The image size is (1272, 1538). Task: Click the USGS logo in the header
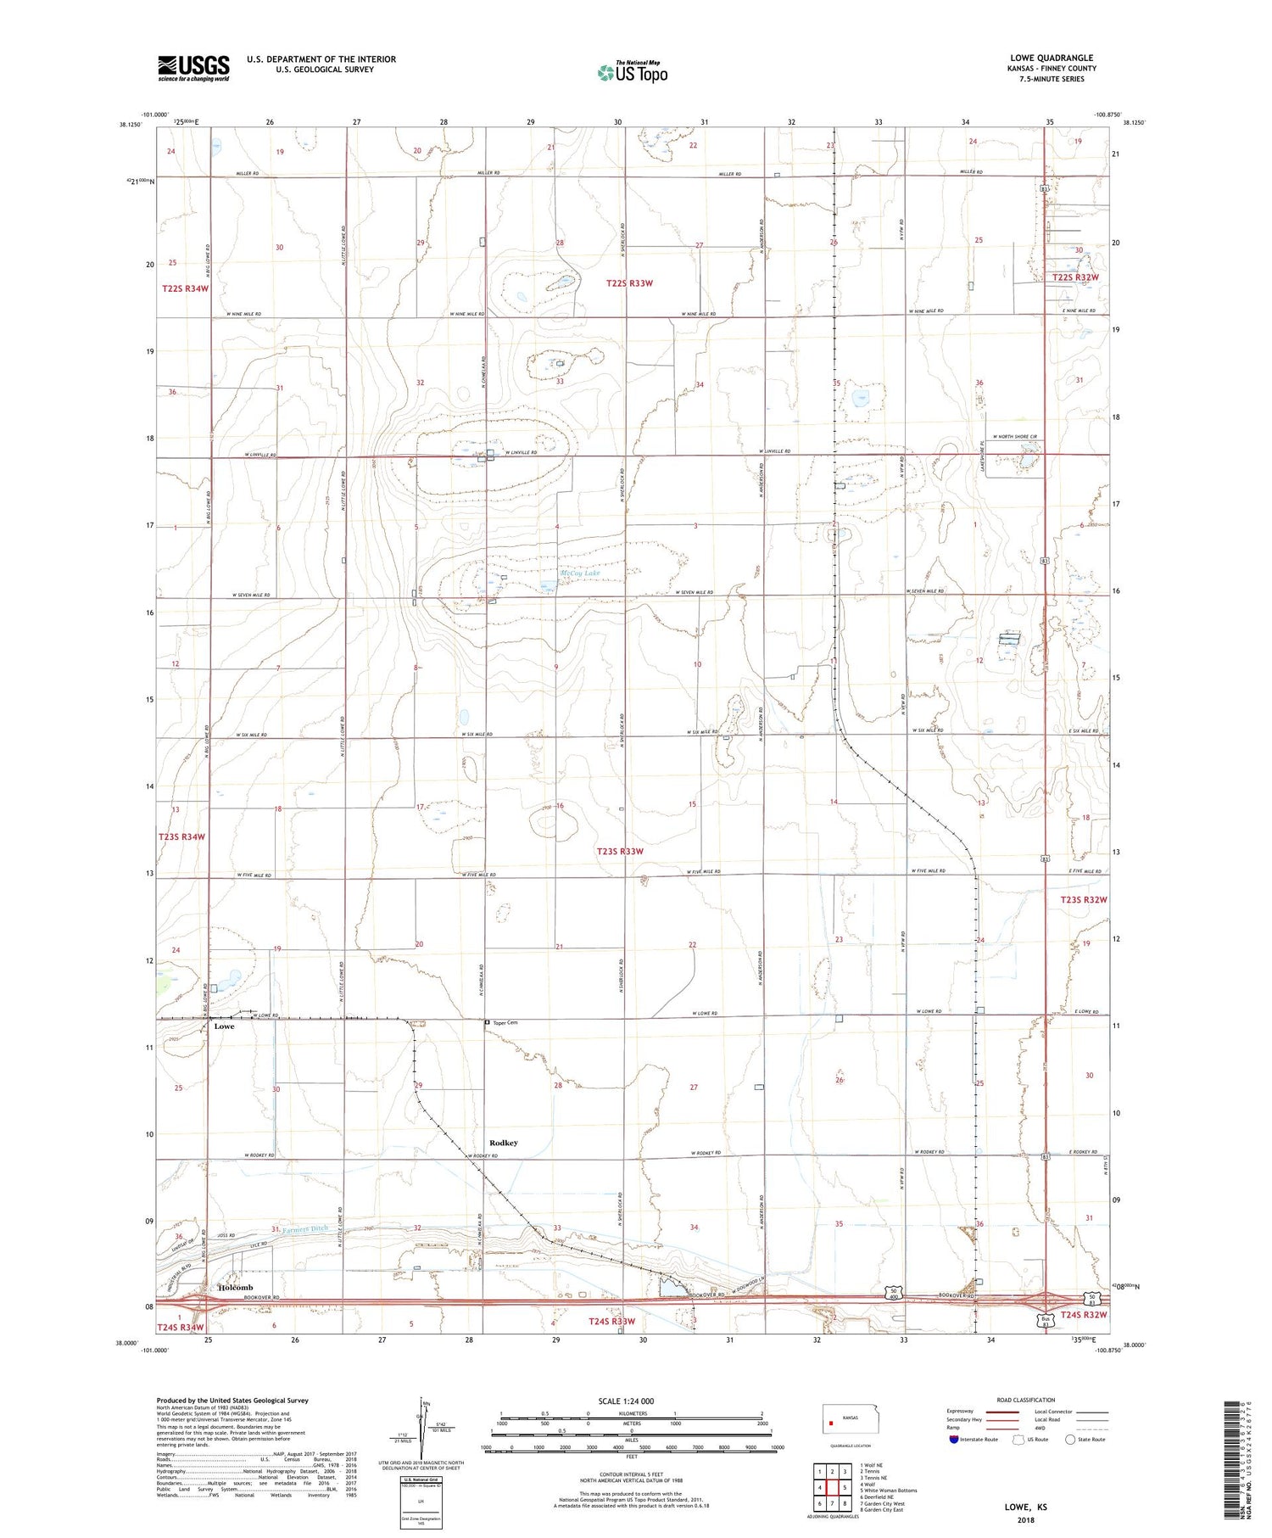pos(193,68)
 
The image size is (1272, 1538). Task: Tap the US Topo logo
pos(633,73)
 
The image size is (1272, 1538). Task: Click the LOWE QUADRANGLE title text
pos(1052,58)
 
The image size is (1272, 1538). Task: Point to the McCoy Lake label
pos(580,573)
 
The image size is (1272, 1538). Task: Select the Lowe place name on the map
pos(224,1026)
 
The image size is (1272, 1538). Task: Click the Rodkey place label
pos(503,1143)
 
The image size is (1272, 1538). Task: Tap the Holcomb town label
pos(236,1287)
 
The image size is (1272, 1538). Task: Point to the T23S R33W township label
pos(620,851)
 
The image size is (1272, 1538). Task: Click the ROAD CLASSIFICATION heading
pos(1025,1400)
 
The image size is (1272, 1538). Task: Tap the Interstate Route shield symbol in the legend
pos(954,1440)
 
